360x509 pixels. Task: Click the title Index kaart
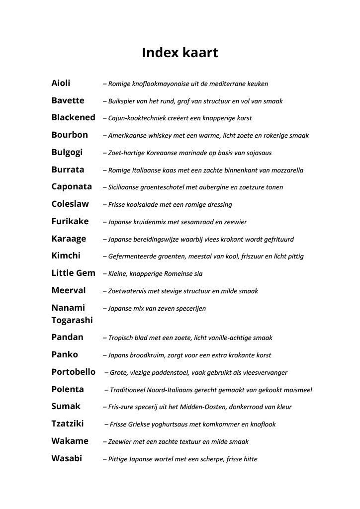(180, 53)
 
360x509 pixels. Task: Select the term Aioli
(61, 83)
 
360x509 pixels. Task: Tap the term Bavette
(68, 100)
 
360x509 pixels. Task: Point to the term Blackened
(73, 118)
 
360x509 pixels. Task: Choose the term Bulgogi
(67, 152)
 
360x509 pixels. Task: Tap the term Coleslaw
(70, 204)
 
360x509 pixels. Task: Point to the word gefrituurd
(276, 239)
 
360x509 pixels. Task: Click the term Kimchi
(66, 256)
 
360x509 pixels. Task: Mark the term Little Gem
(73, 273)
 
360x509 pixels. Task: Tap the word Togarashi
(72, 320)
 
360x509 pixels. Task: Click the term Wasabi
(67, 458)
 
